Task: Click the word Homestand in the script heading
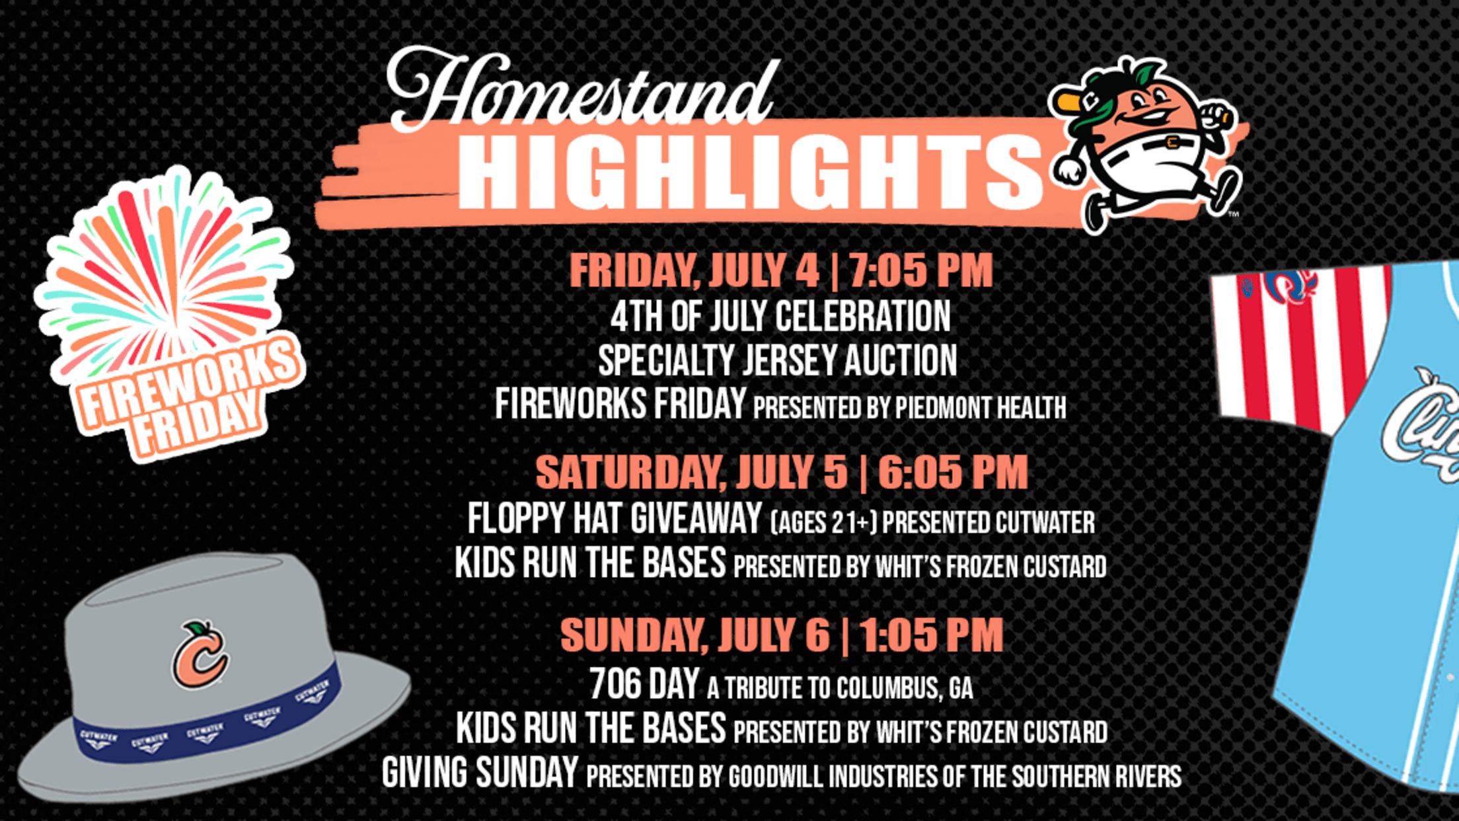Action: point(580,89)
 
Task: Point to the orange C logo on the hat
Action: point(200,655)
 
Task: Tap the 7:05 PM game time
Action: point(920,270)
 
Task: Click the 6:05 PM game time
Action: point(953,472)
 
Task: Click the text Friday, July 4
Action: point(694,271)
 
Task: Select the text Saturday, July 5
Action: point(691,473)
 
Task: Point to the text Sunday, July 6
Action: point(694,636)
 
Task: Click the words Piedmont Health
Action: point(980,408)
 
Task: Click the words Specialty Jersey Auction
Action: point(778,360)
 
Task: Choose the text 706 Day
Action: point(644,684)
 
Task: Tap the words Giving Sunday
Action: point(480,772)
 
